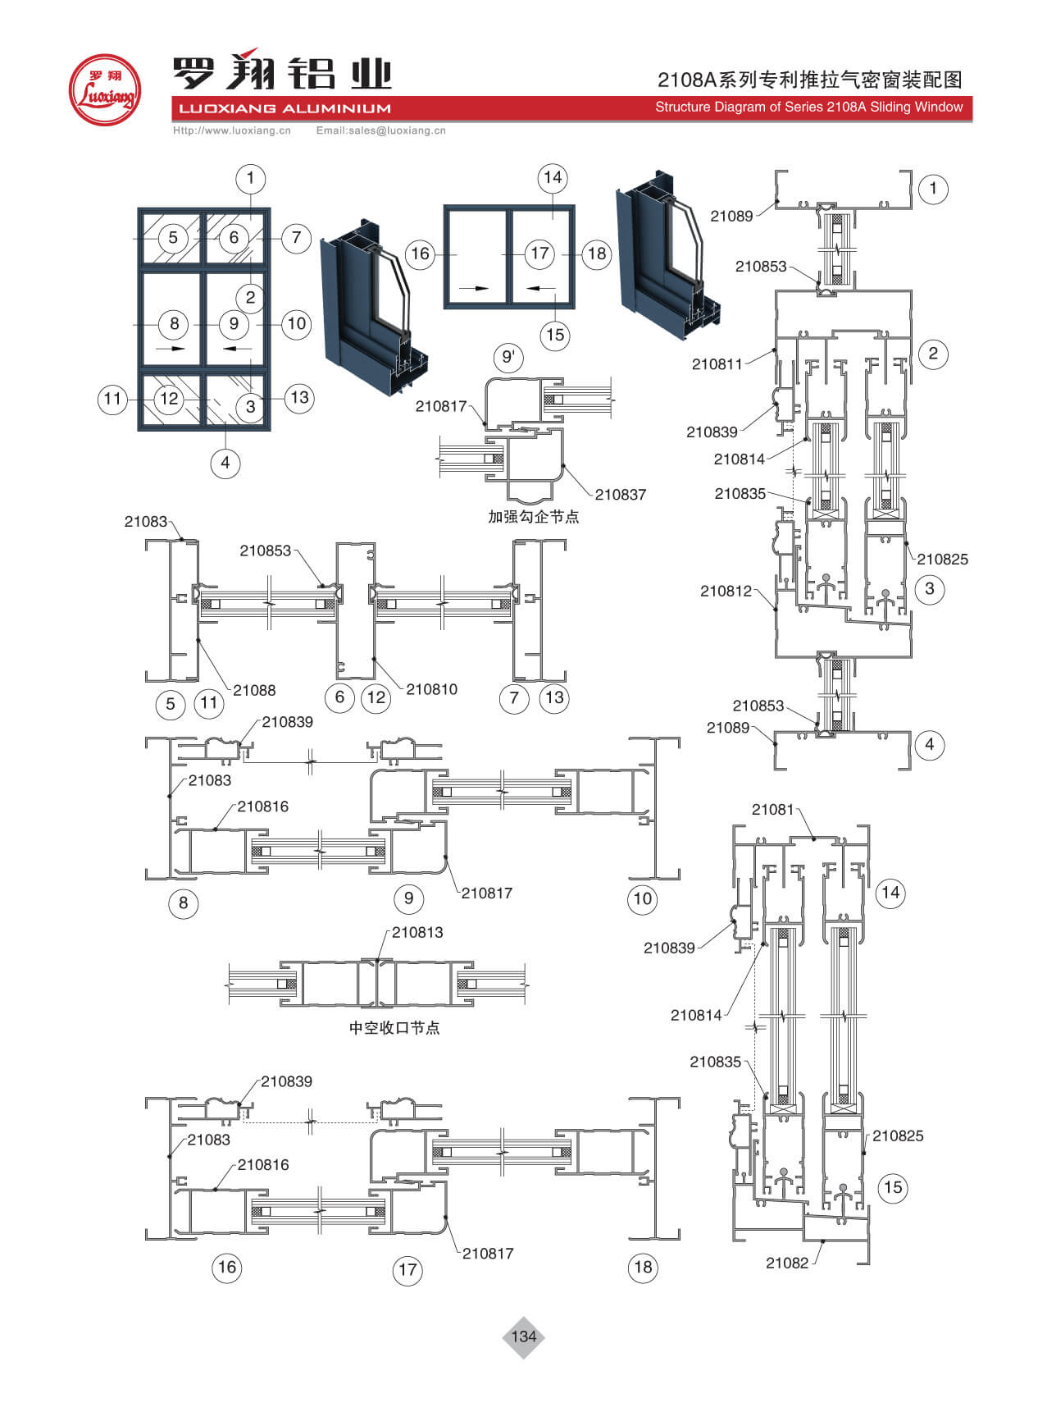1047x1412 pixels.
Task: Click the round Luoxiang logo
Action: tap(104, 90)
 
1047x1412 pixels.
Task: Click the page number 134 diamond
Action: tap(523, 1337)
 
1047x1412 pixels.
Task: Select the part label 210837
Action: tap(620, 495)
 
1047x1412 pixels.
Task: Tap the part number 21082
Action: tap(787, 1263)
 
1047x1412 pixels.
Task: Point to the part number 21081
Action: tap(773, 810)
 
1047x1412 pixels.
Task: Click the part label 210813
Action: tap(417, 932)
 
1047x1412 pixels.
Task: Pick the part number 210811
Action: tap(717, 364)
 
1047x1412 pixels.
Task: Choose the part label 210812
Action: tap(726, 591)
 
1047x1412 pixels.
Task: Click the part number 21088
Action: tap(254, 690)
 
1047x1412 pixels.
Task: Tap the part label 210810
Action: tap(431, 689)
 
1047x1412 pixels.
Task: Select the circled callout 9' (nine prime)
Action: tap(508, 358)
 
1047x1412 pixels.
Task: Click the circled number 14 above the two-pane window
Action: tap(553, 178)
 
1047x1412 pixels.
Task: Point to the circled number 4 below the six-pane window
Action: tap(225, 464)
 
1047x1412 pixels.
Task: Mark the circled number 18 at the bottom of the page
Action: tap(643, 1267)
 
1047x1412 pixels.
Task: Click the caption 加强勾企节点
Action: tap(533, 517)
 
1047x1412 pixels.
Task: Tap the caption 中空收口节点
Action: tap(394, 1028)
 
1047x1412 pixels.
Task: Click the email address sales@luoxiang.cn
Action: tap(381, 130)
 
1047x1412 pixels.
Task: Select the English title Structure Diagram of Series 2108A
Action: tap(808, 107)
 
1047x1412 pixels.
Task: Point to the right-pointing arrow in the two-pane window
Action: tap(474, 288)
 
